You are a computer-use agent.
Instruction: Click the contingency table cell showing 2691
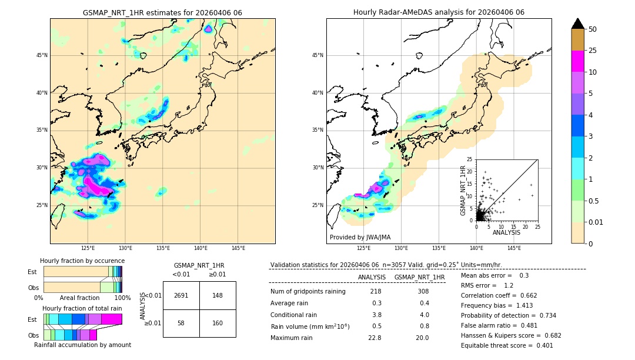pyautogui.click(x=181, y=295)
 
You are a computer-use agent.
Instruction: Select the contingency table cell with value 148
pyautogui.click(x=218, y=295)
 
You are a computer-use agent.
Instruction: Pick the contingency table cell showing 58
pyautogui.click(x=181, y=324)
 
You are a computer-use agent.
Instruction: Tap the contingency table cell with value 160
pyautogui.click(x=218, y=324)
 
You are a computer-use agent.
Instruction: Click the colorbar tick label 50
pyautogui.click(x=593, y=29)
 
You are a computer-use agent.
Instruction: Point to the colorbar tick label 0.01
pyautogui.click(x=595, y=222)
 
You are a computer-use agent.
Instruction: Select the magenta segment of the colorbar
pyautogui.click(x=578, y=61)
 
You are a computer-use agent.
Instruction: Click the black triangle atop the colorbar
pyautogui.click(x=578, y=24)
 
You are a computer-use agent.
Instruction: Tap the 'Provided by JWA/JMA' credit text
pyautogui.click(x=360, y=238)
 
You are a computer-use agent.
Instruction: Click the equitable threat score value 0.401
pyautogui.click(x=541, y=345)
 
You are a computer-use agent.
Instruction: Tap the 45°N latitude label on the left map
pyautogui.click(x=42, y=55)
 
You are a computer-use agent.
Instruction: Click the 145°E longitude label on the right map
pyautogui.click(x=514, y=248)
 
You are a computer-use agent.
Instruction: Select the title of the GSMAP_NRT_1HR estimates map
pyautogui.click(x=162, y=12)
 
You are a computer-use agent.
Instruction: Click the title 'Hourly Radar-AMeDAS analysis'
pyautogui.click(x=439, y=12)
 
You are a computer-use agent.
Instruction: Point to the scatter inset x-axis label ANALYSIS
pyautogui.click(x=506, y=232)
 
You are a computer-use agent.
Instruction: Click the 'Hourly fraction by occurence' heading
pyautogui.click(x=82, y=261)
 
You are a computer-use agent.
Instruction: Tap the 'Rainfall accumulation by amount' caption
pyautogui.click(x=82, y=345)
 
